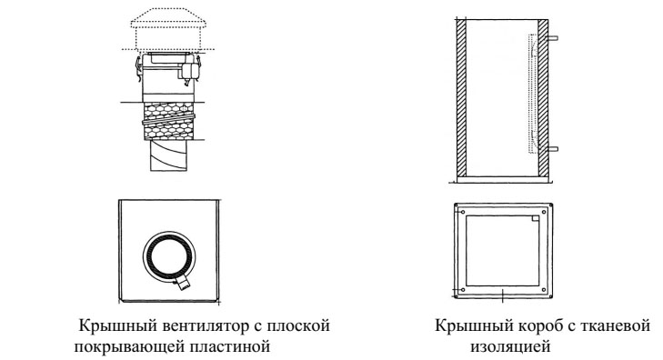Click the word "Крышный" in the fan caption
(110, 325)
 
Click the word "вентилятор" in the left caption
(183, 325)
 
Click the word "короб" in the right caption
(521, 325)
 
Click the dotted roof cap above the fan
(168, 25)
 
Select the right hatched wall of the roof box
(542, 95)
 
